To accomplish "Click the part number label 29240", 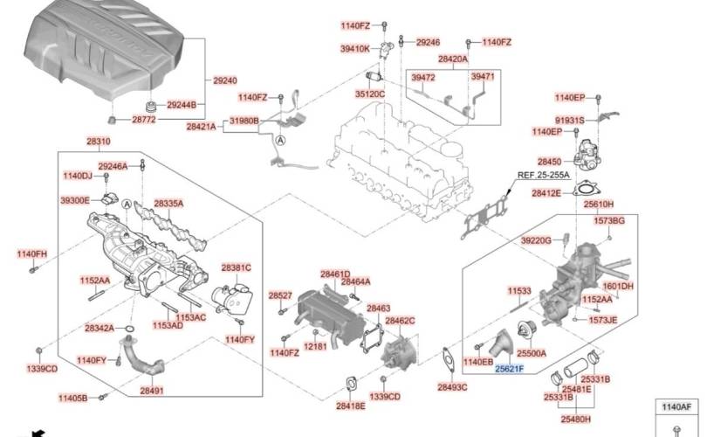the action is [x=225, y=80].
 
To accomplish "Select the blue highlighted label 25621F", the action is [x=510, y=369].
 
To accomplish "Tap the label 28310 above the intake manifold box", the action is [x=99, y=142].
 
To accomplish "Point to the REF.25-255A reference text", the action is [x=543, y=175].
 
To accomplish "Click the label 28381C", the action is [x=237, y=267].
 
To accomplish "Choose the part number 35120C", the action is [x=370, y=94].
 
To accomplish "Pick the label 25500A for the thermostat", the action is [x=532, y=353].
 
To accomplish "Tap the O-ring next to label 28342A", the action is [x=128, y=329].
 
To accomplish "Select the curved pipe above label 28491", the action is [x=140, y=359].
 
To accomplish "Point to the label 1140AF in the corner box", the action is [x=676, y=407].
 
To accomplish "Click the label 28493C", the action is [x=452, y=387].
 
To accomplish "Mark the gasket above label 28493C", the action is [x=448, y=359].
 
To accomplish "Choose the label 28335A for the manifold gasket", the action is [x=168, y=204].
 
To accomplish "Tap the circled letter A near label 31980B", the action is [x=281, y=141].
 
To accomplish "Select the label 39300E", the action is [x=75, y=200].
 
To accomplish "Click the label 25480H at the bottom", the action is [x=576, y=419].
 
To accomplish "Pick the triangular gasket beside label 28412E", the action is [x=586, y=189].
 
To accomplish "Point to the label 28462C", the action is [x=400, y=321].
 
